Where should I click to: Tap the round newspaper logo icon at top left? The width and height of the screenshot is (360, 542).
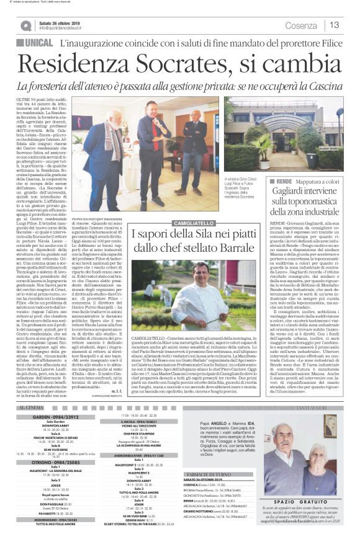click(x=25, y=25)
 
